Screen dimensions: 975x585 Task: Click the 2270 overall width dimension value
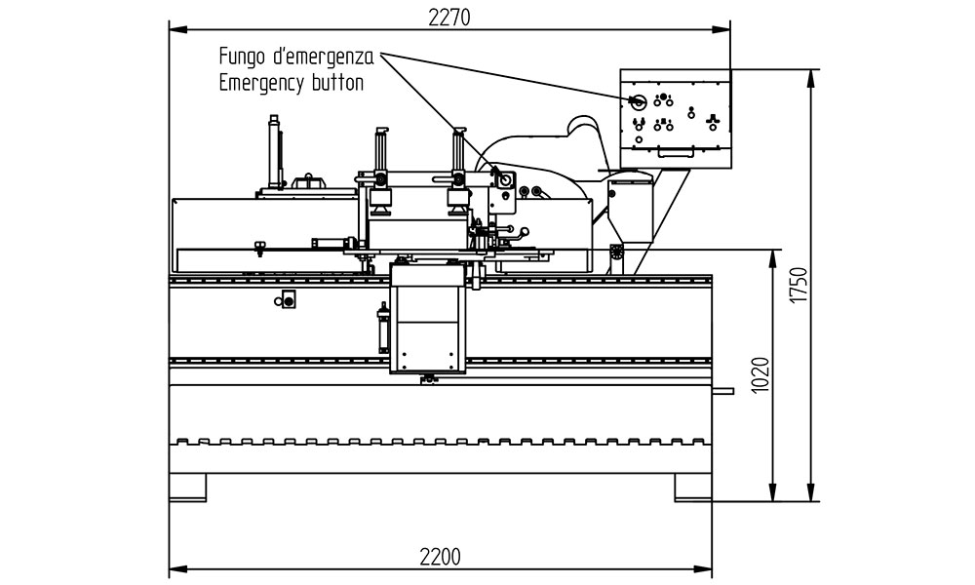[448, 18]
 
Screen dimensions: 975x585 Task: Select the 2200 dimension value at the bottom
[441, 557]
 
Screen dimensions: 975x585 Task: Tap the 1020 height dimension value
[760, 374]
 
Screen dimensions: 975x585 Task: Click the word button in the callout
[337, 82]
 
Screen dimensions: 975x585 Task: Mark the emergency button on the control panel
[638, 101]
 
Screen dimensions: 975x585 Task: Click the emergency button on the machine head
[504, 179]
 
